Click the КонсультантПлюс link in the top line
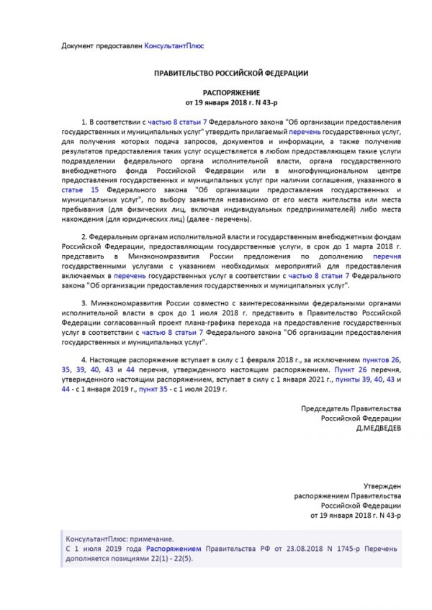174,45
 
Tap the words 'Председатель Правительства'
351,408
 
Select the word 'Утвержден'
384,487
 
